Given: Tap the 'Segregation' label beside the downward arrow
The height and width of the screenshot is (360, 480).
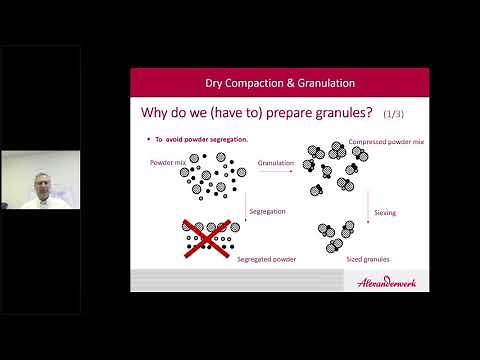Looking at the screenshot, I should point(267,211).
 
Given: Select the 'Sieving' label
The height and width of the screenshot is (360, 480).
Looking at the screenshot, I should point(385,212).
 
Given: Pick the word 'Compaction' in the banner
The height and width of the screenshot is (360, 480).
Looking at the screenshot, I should point(277,83).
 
